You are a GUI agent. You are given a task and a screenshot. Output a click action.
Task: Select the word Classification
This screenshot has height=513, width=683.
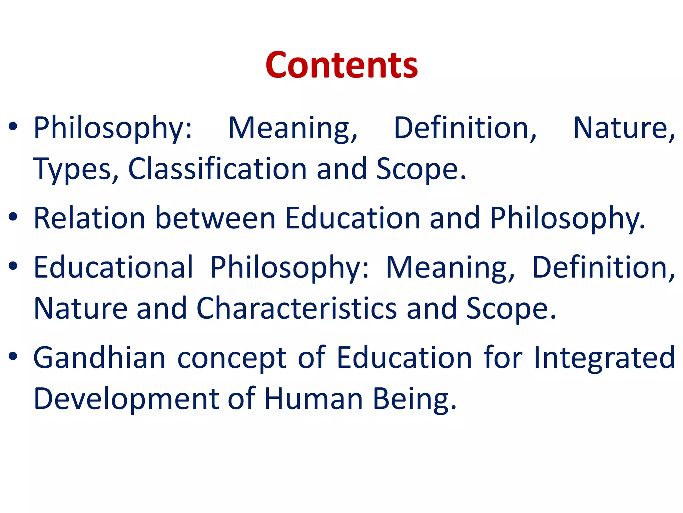(x=217, y=169)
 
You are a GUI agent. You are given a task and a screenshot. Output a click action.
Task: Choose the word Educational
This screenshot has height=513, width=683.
(x=113, y=267)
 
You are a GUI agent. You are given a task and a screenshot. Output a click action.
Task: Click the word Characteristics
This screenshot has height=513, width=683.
(x=296, y=308)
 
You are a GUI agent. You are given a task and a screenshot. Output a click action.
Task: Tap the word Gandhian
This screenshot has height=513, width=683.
(x=99, y=357)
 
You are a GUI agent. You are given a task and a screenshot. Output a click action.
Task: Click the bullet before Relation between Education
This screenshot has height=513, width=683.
(x=13, y=217)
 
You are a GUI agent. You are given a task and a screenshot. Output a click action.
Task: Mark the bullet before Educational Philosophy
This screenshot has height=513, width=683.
(x=13, y=266)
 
